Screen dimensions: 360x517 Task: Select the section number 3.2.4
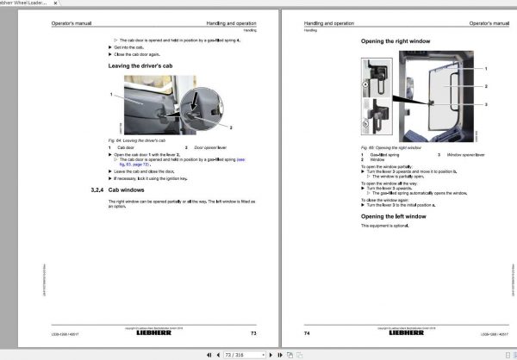pos(97,189)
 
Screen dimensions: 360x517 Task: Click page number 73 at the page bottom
pos(253,332)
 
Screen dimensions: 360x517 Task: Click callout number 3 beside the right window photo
pos(487,104)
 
